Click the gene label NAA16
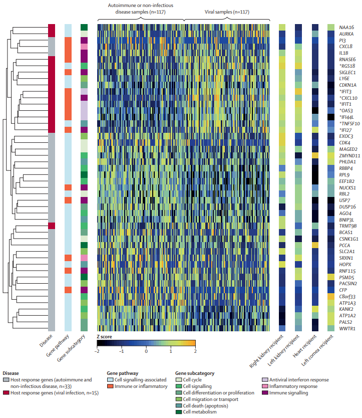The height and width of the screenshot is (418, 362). tap(346, 28)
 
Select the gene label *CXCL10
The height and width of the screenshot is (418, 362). tap(348, 98)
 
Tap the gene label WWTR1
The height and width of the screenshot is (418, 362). tap(347, 329)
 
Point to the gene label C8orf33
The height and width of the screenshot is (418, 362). tap(347, 297)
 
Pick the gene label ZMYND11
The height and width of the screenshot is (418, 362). tap(349, 156)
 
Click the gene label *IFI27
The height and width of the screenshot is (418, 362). tap(345, 130)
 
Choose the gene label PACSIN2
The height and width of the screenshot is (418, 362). tap(348, 284)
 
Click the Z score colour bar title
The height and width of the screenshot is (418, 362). tap(104, 337)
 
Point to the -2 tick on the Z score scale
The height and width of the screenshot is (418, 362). tap(97, 351)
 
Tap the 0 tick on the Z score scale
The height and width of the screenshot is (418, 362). tap(146, 351)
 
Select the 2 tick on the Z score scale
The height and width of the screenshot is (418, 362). tap(195, 351)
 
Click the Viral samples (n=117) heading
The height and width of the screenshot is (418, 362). tap(227, 12)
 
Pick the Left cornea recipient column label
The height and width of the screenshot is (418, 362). tap(317, 350)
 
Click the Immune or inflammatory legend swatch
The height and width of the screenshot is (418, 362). tap(110, 386)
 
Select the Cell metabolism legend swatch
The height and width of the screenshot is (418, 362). tap(178, 412)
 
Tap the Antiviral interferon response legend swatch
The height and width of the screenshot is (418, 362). tap(265, 379)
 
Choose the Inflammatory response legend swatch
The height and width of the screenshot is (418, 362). tap(265, 386)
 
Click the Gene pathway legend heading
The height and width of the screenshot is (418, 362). tap(123, 373)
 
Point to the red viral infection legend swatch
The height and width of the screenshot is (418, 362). tap(6, 392)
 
